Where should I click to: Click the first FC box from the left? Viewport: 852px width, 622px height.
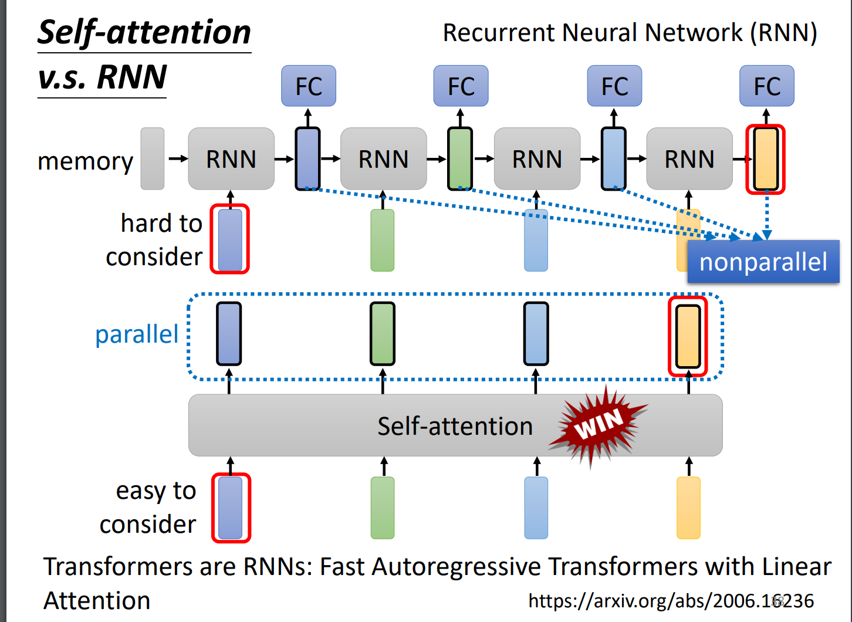309,86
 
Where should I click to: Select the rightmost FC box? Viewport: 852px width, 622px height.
766,86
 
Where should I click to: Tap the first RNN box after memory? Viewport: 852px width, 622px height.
231,159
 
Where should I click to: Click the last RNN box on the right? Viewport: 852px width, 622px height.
689,159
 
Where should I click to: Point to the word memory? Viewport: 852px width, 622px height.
85,161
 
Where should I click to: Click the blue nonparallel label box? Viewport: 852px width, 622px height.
763,262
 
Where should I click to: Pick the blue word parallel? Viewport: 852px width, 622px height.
137,334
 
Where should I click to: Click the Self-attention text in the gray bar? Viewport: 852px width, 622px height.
455,426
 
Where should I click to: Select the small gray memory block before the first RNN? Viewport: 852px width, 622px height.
153,159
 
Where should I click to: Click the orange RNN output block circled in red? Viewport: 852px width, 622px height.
766,159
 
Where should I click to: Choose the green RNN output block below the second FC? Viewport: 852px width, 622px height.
460,159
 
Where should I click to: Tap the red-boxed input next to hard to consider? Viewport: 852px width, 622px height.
230,239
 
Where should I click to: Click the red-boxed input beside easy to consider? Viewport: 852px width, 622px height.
231,508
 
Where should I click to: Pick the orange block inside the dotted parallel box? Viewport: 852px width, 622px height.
688,334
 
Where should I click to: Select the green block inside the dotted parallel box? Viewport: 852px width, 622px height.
383,334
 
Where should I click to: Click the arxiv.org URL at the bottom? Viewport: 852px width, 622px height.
671,600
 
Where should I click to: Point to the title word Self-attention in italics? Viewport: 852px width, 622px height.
144,32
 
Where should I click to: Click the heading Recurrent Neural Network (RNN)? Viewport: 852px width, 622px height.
630,33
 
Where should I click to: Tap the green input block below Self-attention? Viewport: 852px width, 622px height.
383,508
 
